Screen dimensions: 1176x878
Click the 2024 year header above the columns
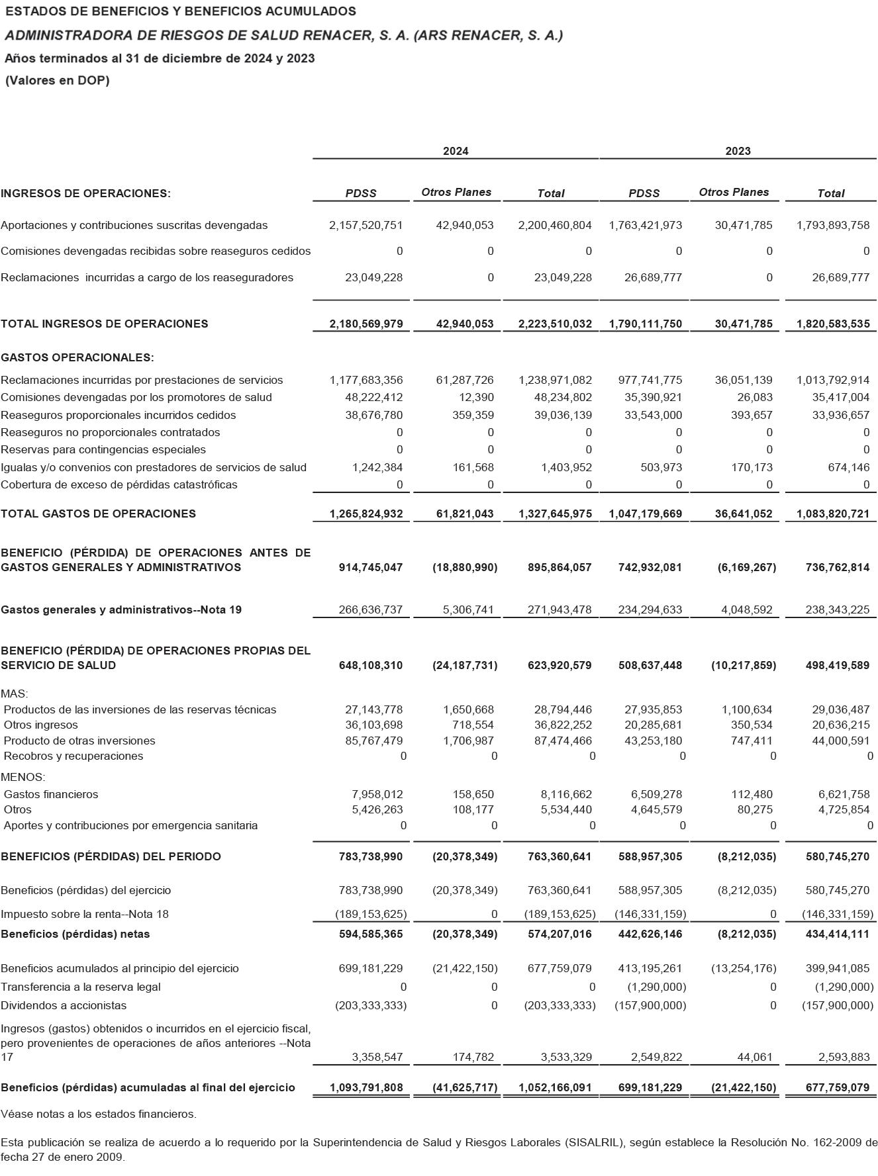[456, 151]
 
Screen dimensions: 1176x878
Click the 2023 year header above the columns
[738, 151]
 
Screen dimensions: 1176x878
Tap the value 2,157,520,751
[366, 225]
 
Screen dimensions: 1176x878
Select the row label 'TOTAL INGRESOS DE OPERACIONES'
[105, 324]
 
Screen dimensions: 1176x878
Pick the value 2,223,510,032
[555, 324]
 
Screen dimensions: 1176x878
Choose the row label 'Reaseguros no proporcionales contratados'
[111, 432]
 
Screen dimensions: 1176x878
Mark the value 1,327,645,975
[555, 514]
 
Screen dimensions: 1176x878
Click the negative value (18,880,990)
[465, 567]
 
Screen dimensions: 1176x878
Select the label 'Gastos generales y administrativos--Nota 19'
[121, 610]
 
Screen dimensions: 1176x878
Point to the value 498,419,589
[838, 665]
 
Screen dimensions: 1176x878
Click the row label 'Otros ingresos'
[40, 725]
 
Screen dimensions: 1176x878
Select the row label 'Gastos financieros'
[51, 794]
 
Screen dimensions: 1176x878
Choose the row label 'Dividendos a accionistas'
[64, 1005]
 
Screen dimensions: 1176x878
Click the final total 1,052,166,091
[555, 1087]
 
